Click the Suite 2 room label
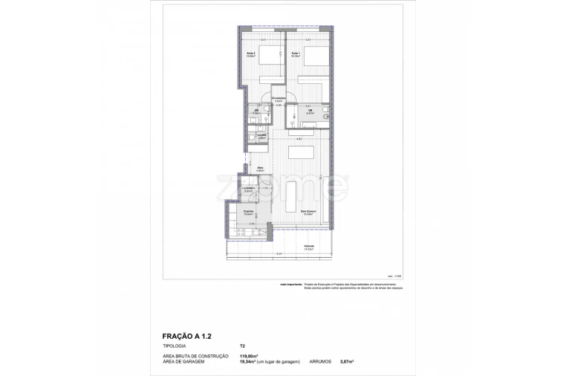point(251,54)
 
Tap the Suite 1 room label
point(295,54)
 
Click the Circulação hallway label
point(279,100)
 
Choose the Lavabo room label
point(261,136)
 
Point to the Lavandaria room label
point(249,189)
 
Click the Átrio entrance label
point(260,169)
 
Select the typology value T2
point(242,346)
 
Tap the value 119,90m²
point(249,356)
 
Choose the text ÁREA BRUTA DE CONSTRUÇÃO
point(195,356)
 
